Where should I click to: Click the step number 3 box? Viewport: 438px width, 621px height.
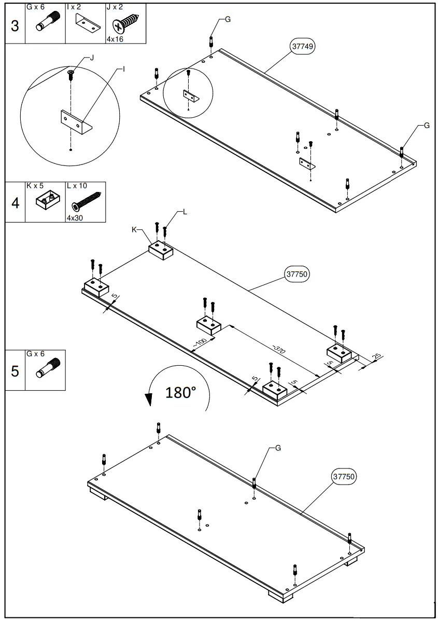pos(15,25)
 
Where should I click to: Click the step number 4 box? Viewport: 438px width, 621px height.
pos(15,203)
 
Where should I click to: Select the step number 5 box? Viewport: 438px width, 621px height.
pos(15,371)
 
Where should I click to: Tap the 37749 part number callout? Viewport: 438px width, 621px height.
pos(302,46)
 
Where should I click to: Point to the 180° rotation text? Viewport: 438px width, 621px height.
pos(181,393)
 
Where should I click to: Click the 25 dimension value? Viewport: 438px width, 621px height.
pos(377,356)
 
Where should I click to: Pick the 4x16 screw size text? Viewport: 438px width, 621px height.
pos(115,39)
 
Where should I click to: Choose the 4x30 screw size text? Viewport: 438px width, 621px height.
pos(75,218)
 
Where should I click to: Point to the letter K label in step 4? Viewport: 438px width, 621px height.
pos(134,230)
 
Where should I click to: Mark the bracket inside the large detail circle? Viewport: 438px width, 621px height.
pos(76,122)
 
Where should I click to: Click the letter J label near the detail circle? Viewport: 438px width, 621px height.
pos(92,58)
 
